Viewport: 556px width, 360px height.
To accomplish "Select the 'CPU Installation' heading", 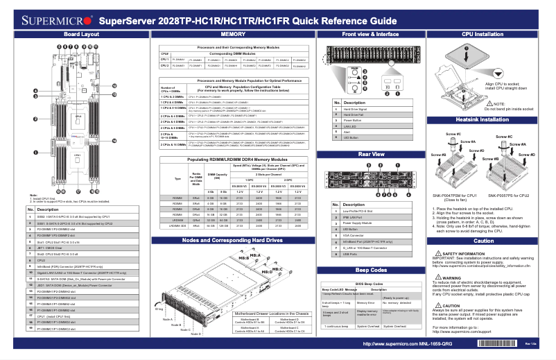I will pos(483,34).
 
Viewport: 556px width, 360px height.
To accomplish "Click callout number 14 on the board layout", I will pos(114,141).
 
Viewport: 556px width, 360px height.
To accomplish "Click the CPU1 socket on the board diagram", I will pos(78,155).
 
